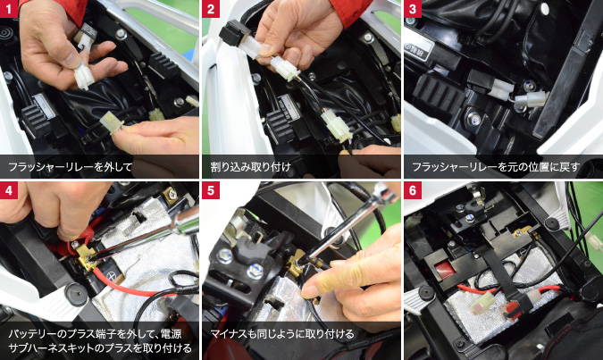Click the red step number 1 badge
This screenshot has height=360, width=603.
(x=8, y=8)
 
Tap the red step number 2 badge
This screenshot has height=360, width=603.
(x=211, y=8)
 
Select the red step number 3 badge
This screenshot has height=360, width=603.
(x=413, y=8)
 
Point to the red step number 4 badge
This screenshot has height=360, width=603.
(x=8, y=190)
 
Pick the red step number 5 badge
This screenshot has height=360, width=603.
(x=211, y=190)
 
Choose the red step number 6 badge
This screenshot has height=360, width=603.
(x=413, y=190)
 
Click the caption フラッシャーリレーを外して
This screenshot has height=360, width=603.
(x=70, y=167)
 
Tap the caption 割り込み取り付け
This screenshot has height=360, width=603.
(x=251, y=167)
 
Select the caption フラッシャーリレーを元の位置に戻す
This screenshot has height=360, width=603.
(x=496, y=167)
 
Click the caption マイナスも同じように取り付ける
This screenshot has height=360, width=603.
(x=282, y=333)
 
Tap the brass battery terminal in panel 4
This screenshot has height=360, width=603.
(x=86, y=256)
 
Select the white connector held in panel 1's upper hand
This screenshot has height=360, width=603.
(x=84, y=74)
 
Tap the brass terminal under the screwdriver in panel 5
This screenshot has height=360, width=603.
(x=296, y=263)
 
